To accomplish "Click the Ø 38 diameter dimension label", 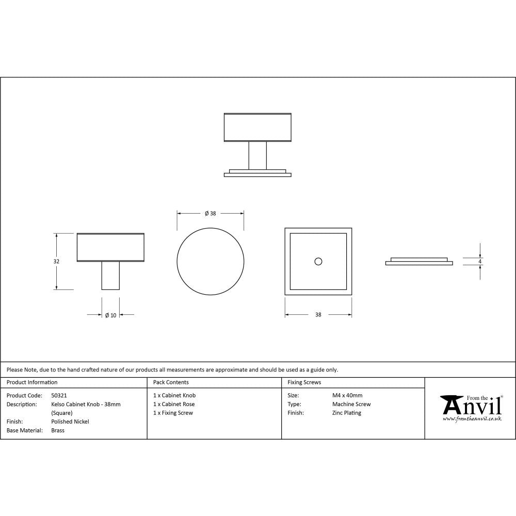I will (x=210, y=214).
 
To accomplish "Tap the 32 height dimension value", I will (x=56, y=262).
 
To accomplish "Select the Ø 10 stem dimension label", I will (x=110, y=315).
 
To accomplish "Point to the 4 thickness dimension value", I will (x=480, y=262).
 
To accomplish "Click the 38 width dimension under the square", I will (x=318, y=315).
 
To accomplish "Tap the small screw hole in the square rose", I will (x=318, y=262).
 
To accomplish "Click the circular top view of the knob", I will (x=210, y=261).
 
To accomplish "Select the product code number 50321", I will (x=59, y=395).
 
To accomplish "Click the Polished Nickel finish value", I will (x=70, y=422).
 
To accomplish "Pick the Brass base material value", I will (x=58, y=430).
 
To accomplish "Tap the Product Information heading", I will (x=32, y=382).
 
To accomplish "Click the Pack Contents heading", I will (x=171, y=382).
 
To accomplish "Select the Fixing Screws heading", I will (x=304, y=382).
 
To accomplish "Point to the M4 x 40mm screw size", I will (x=347, y=395).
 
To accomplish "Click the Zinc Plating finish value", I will (x=347, y=413).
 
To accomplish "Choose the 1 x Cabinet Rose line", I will (x=174, y=404).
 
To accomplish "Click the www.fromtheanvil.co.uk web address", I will (x=472, y=419).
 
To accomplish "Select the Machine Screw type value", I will (x=351, y=404).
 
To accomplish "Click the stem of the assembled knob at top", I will (x=257, y=155).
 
